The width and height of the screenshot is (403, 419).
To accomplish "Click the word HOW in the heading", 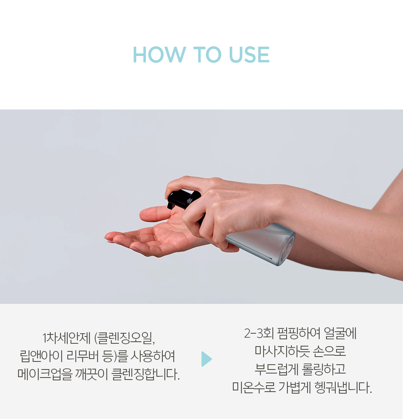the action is [159, 55].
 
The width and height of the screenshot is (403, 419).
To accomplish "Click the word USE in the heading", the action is [249, 55].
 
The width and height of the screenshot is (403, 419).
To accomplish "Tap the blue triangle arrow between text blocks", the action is [207, 359].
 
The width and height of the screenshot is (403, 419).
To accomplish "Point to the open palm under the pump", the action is [158, 238].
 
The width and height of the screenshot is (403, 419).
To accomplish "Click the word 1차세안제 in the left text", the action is [66, 338].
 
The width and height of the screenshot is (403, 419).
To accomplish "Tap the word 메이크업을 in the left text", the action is [45, 374].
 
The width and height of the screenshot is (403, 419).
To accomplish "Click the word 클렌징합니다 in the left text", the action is [145, 374].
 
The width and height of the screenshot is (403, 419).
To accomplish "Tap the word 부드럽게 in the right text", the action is [276, 369].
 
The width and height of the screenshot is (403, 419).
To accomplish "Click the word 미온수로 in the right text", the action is [253, 388].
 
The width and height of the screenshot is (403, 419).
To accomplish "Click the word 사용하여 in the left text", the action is [153, 356].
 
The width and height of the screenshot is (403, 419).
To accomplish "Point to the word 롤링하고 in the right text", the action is [324, 369].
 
